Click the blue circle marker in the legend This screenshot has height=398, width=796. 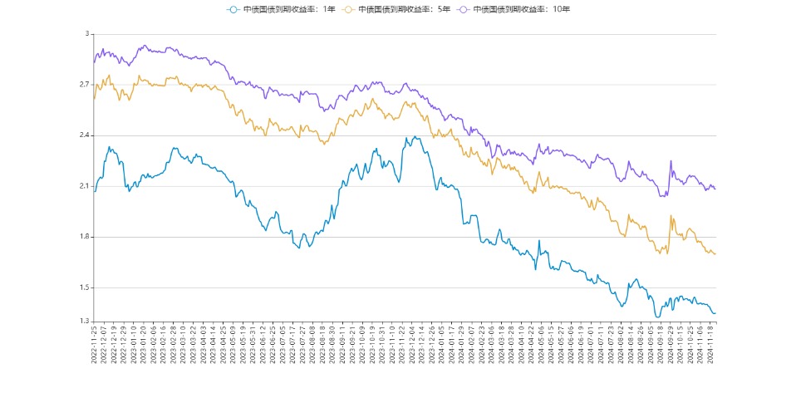tap(233, 9)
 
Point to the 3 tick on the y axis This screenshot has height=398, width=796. tap(86, 34)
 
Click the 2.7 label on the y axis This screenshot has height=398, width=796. tap(84, 85)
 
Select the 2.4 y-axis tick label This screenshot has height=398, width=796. tap(84, 135)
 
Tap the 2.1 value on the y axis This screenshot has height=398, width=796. tap(84, 186)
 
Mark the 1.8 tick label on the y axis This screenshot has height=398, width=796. tap(84, 237)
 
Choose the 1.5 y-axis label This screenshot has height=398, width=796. tap(84, 287)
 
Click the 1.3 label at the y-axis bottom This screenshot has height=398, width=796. tap(84, 322)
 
